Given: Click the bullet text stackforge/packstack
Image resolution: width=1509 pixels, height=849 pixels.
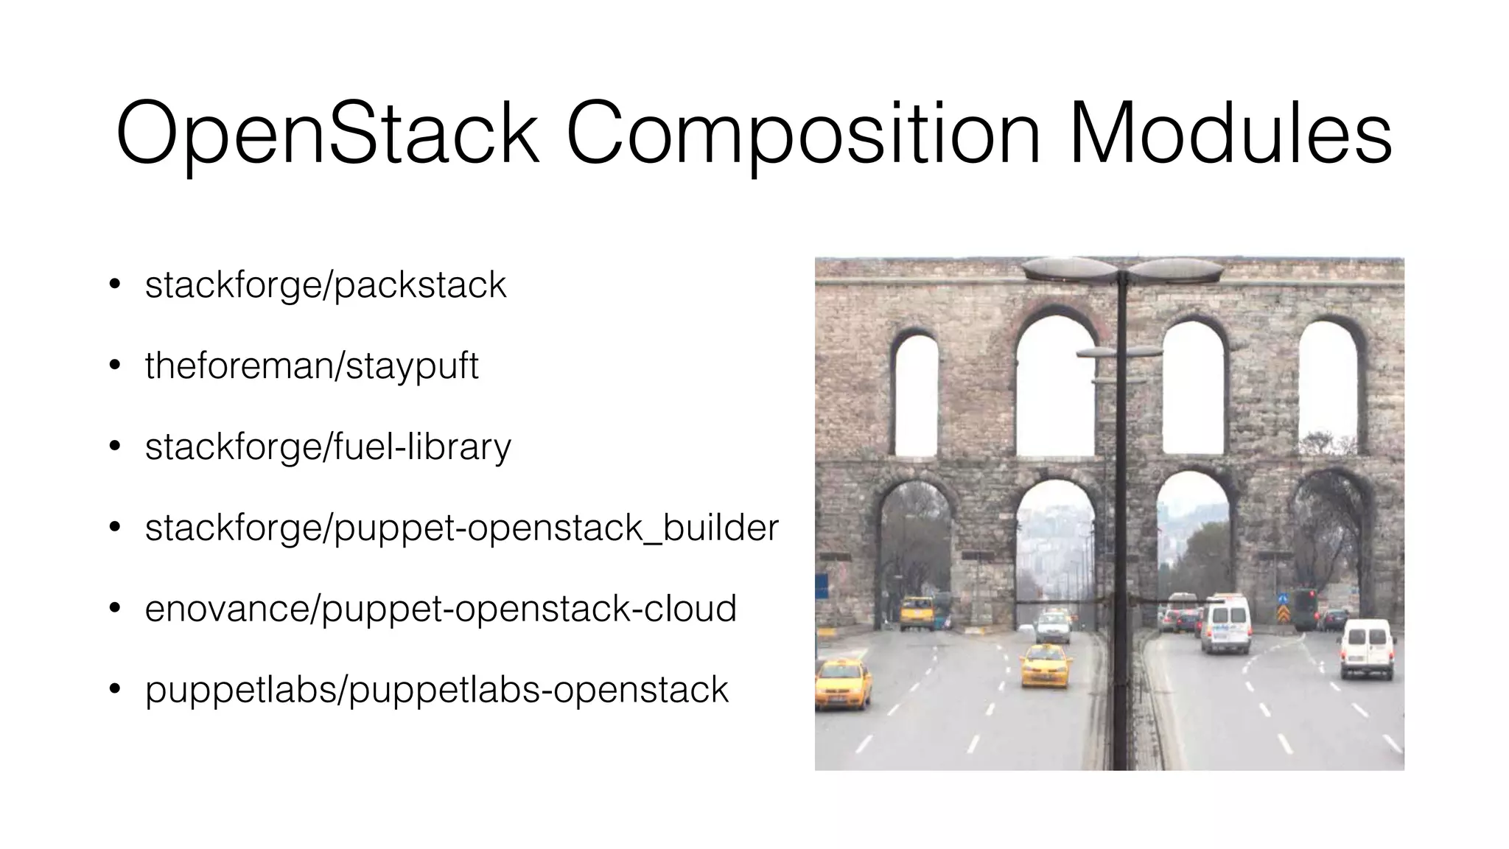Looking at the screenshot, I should coord(326,285).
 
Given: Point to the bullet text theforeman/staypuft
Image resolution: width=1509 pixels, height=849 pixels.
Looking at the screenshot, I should coord(312,366).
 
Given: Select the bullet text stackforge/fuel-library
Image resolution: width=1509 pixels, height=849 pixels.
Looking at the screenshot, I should coord(328,447).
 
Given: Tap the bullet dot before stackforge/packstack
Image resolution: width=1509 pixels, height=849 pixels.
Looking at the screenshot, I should coord(114,285).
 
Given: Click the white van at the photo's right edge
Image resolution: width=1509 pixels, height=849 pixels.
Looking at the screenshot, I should coord(1367,647).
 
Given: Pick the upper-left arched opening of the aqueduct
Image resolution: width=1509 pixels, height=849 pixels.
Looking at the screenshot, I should coord(916,394).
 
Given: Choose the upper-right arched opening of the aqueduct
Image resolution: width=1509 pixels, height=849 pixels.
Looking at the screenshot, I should coord(1328,386).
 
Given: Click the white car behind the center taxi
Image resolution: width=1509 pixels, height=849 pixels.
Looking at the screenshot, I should coord(1052,626).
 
